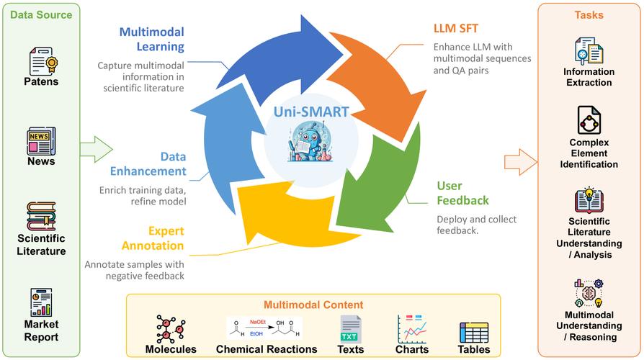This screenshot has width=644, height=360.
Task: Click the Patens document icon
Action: (x=42, y=62)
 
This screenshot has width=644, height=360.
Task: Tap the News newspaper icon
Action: (x=41, y=140)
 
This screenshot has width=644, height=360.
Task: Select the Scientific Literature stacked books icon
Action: (x=41, y=216)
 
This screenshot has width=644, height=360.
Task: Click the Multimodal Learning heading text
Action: (x=151, y=40)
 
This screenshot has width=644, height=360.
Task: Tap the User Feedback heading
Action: (x=462, y=193)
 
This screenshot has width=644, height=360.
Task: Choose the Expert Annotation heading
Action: (x=166, y=238)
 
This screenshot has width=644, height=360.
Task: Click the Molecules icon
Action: (x=171, y=328)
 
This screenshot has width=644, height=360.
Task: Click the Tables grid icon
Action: (x=474, y=331)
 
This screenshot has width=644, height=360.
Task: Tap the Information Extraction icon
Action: (x=588, y=51)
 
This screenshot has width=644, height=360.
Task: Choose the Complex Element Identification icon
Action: (x=589, y=120)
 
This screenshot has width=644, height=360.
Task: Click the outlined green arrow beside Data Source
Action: (x=96, y=149)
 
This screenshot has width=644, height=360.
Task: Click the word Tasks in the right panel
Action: (x=589, y=15)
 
